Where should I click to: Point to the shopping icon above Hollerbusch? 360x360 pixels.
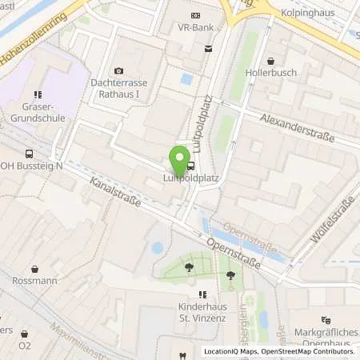click(x=271, y=60)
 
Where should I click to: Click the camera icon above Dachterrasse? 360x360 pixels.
click(x=120, y=71)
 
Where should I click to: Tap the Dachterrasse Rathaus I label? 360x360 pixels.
click(x=121, y=88)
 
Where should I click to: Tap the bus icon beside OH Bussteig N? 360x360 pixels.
click(x=29, y=154)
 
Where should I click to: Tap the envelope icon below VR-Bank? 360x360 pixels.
click(x=209, y=49)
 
